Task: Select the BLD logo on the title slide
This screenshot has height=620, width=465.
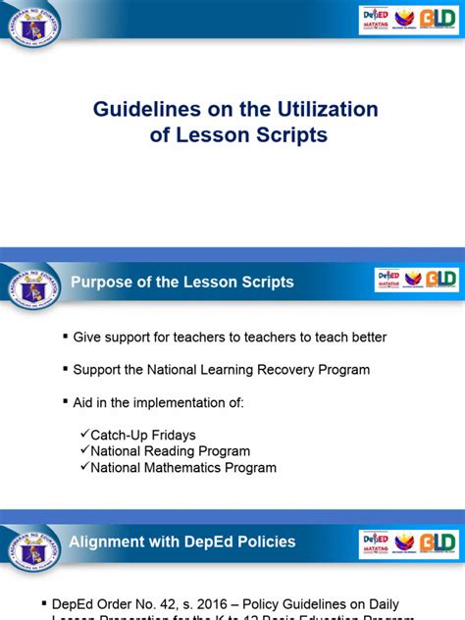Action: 439,20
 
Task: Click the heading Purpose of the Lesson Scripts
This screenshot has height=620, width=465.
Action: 181,283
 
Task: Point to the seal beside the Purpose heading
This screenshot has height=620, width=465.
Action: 34,287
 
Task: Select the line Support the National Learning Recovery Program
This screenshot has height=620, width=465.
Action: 222,370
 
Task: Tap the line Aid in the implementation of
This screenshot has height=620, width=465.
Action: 158,402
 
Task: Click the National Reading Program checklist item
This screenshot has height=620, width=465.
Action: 170,451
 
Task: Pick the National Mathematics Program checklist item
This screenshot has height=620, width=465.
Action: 183,468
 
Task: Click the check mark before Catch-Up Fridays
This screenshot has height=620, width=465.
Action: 84,434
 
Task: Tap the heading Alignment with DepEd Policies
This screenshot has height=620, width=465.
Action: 181,542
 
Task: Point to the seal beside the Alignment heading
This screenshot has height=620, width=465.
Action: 34,546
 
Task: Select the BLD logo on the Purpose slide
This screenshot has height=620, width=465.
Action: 439,280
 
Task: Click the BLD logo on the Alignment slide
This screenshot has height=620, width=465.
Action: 439,542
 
